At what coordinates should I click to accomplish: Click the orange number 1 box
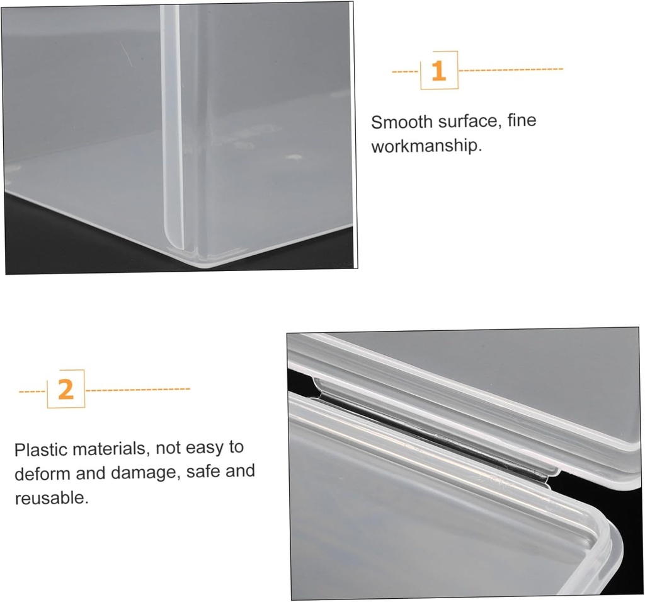point(439,71)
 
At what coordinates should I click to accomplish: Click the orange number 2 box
point(66,389)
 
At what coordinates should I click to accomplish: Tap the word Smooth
point(402,122)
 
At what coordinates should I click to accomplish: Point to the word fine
point(522,120)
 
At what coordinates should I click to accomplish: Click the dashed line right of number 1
point(511,69)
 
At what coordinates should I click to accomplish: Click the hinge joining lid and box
point(435,438)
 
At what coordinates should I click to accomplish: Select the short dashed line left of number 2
point(33,391)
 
